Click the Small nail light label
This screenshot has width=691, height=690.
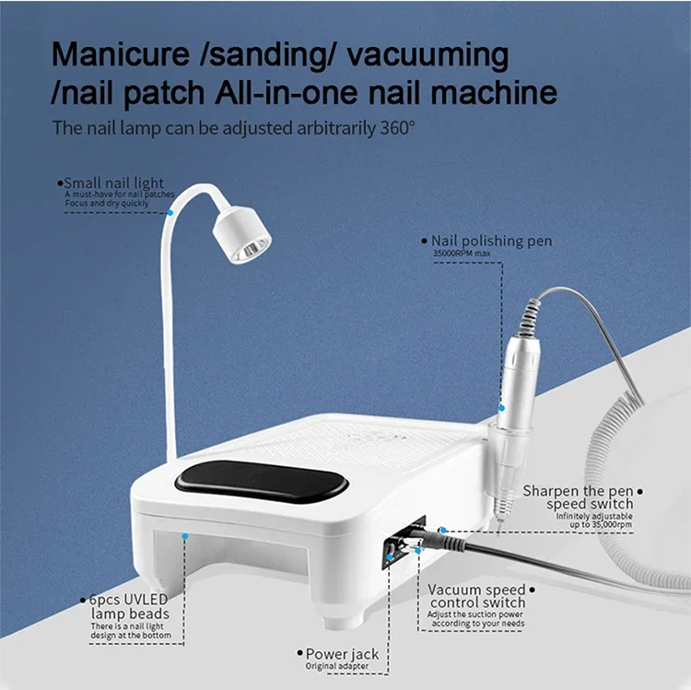pyautogui.click(x=114, y=183)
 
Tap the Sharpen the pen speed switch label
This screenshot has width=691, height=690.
pyautogui.click(x=578, y=497)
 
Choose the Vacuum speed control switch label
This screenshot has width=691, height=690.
pyautogui.click(x=477, y=596)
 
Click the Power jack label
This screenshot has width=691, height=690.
pyautogui.click(x=342, y=654)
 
